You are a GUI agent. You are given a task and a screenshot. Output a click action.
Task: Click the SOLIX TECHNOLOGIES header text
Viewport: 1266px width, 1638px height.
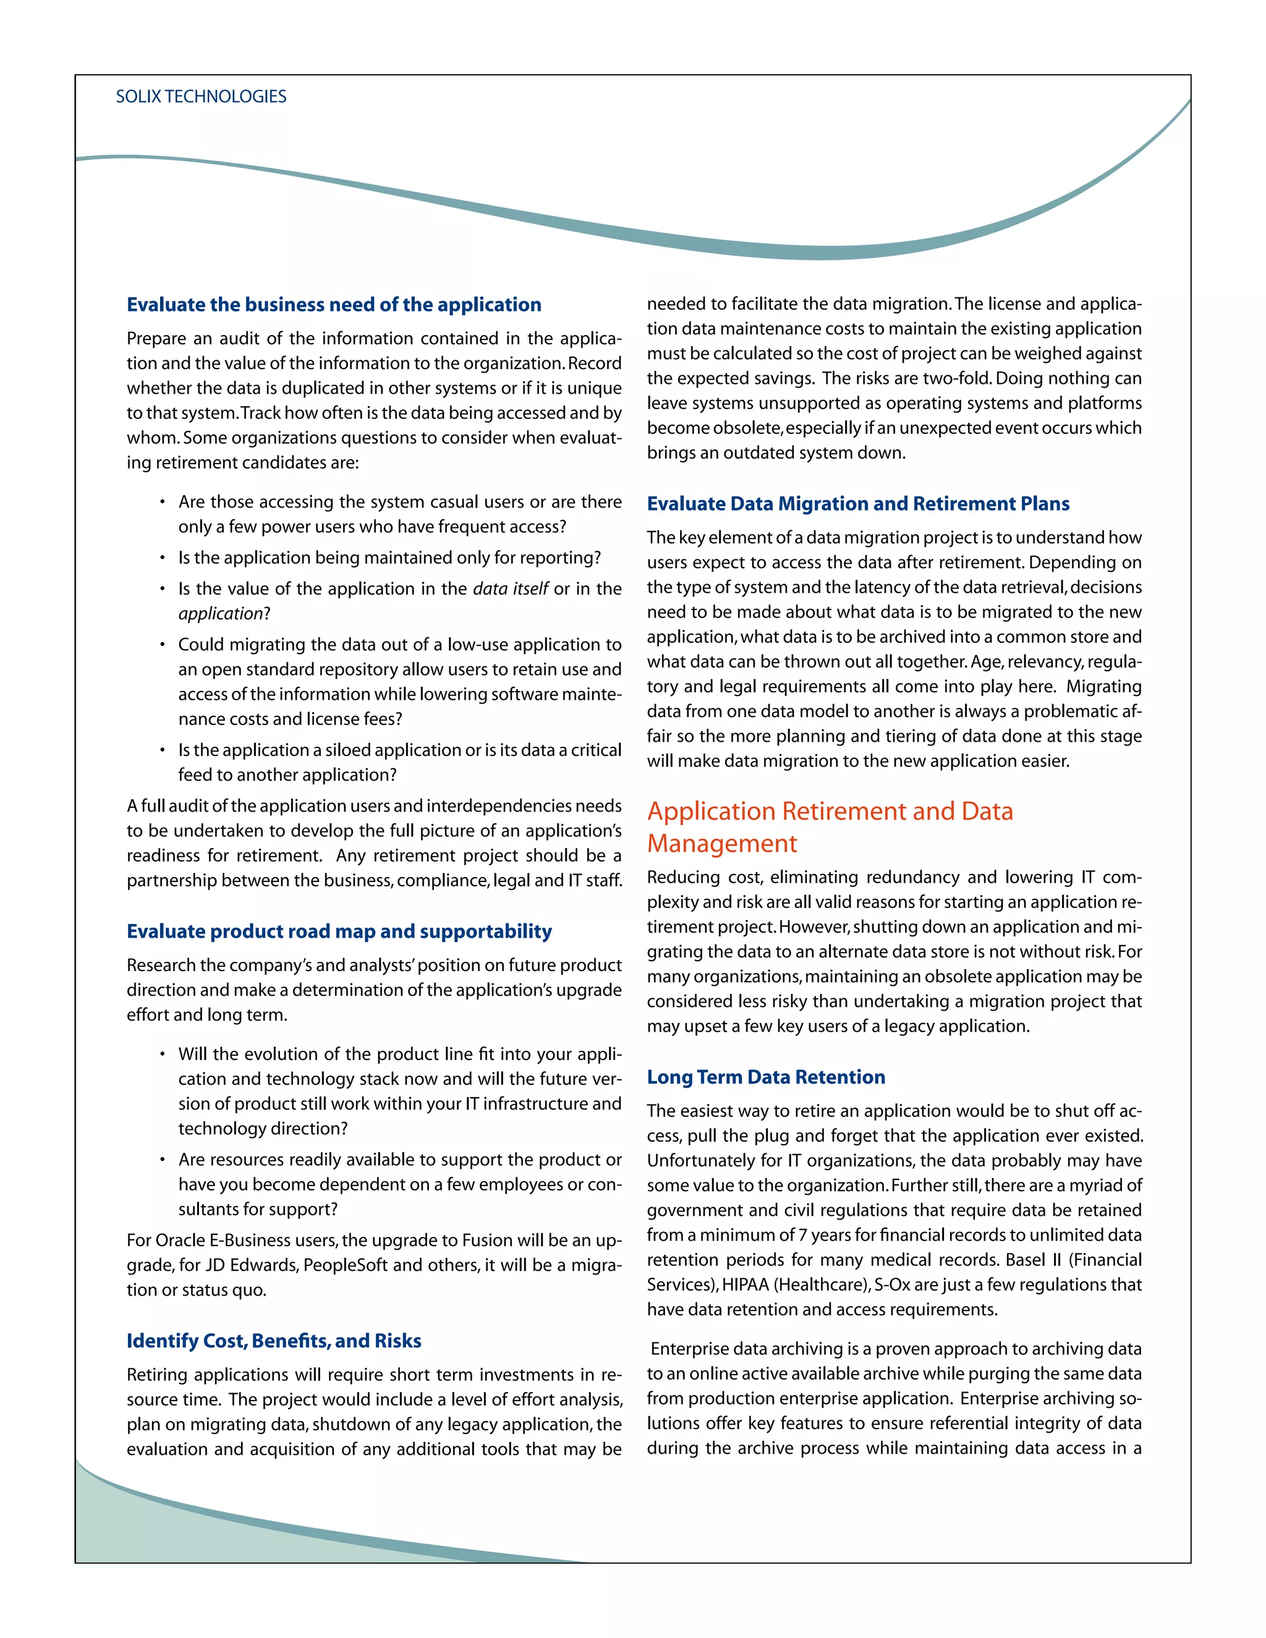pyautogui.click(x=201, y=97)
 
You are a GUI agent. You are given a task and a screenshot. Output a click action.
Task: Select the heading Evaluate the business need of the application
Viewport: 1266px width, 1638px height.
pyautogui.click(x=334, y=305)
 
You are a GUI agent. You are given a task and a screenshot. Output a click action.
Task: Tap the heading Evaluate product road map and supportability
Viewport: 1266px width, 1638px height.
pyautogui.click(x=339, y=931)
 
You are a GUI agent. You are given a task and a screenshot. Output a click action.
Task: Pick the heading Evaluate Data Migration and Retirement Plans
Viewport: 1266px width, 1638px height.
pyautogui.click(x=858, y=503)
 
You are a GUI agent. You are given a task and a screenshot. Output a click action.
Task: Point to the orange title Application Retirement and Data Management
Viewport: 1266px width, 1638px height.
pyautogui.click(x=830, y=826)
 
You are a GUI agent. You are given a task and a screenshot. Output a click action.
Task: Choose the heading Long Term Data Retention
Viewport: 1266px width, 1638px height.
pyautogui.click(x=766, y=1077)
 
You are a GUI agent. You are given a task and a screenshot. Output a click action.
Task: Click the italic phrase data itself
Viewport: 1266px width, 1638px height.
pyautogui.click(x=510, y=588)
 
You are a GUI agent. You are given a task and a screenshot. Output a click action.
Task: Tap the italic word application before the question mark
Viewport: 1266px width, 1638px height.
pyautogui.click(x=221, y=614)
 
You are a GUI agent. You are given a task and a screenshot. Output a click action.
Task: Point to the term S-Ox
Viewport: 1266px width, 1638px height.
pyautogui.click(x=892, y=1285)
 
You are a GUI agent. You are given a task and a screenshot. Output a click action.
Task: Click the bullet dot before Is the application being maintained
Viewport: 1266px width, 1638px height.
pyautogui.click(x=162, y=558)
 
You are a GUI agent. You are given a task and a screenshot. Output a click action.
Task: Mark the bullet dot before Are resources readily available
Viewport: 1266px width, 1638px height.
pyautogui.click(x=162, y=1160)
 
